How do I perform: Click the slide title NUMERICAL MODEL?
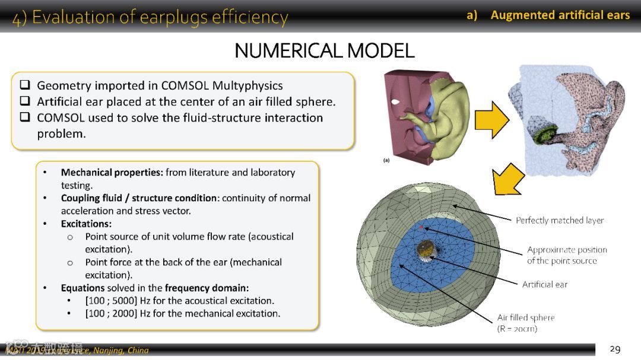[324, 50]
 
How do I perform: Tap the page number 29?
[615, 349]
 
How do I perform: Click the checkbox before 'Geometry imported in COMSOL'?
[25, 85]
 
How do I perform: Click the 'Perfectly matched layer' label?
[559, 220]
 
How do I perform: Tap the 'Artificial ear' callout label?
[544, 284]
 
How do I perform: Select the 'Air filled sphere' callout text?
[525, 317]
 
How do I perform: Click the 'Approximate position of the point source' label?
[566, 255]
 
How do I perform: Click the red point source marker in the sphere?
[421, 227]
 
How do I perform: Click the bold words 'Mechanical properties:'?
[112, 172]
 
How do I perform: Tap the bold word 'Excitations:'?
[86, 224]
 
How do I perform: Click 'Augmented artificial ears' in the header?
[560, 15]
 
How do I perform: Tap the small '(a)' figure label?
[387, 160]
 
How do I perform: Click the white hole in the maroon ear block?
[395, 102]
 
